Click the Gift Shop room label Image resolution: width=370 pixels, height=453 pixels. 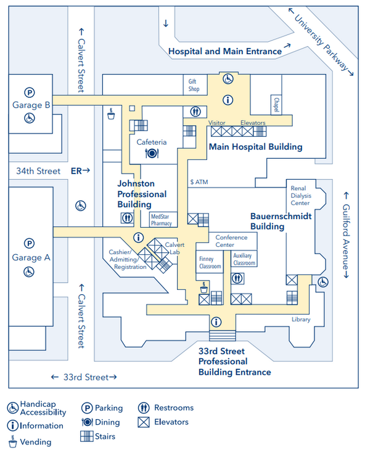pyautogui.click(x=194, y=85)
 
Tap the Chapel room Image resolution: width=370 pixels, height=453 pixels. pyautogui.click(x=276, y=105)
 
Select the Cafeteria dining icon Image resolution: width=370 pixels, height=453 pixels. pyautogui.click(x=152, y=153)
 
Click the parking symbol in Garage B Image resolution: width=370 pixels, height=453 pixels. pyautogui.click(x=29, y=92)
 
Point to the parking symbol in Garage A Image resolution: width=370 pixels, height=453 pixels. pyautogui.click(x=29, y=243)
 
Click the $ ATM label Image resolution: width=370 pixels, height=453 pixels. pyautogui.click(x=199, y=182)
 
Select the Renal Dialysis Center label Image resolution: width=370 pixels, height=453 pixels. pyautogui.click(x=301, y=196)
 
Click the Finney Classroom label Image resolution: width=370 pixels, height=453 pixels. pyautogui.click(x=210, y=263)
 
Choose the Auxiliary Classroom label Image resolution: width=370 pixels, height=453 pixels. pyautogui.click(x=244, y=259)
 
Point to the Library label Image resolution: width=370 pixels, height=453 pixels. pyautogui.click(x=301, y=319)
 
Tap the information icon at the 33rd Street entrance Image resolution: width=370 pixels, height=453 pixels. pyautogui.click(x=216, y=321)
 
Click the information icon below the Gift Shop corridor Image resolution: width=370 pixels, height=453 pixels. pyautogui.click(x=228, y=100)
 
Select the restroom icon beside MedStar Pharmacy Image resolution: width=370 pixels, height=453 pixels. pyautogui.click(x=127, y=218)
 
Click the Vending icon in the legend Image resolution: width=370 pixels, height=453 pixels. pyautogui.click(x=12, y=441)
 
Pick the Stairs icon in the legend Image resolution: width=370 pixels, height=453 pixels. pyautogui.click(x=87, y=436)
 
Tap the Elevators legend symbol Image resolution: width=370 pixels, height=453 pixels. pyautogui.click(x=144, y=422)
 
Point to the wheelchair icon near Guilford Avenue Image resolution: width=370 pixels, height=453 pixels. pyautogui.click(x=323, y=282)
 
